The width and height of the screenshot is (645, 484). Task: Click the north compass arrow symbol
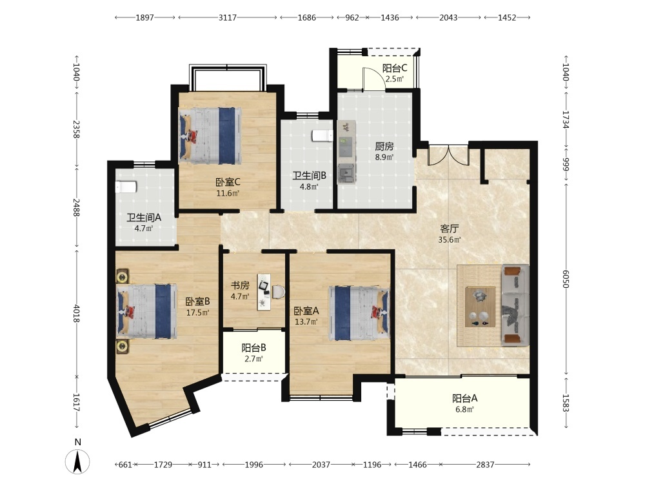(77, 461)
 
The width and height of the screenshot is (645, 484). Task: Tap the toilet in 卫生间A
(126, 187)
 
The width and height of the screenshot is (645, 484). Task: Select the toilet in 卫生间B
(322, 136)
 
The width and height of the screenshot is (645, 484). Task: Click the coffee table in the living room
(480, 307)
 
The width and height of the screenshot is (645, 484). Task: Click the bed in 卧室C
(210, 136)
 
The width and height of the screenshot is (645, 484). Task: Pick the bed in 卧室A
(359, 313)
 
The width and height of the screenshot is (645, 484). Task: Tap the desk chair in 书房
(279, 292)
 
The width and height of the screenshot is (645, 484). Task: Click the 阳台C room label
(395, 68)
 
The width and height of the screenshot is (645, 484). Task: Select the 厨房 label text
(384, 146)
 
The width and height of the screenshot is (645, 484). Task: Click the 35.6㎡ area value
(449, 240)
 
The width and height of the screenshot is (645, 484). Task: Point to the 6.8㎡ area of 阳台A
(465, 410)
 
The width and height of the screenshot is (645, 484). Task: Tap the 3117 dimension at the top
(228, 17)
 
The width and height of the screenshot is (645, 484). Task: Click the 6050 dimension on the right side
(566, 279)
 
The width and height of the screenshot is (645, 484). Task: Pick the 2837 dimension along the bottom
(485, 465)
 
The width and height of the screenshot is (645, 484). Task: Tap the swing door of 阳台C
(374, 78)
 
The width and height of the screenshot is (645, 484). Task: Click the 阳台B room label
(253, 348)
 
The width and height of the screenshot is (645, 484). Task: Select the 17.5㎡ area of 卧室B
(197, 313)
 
